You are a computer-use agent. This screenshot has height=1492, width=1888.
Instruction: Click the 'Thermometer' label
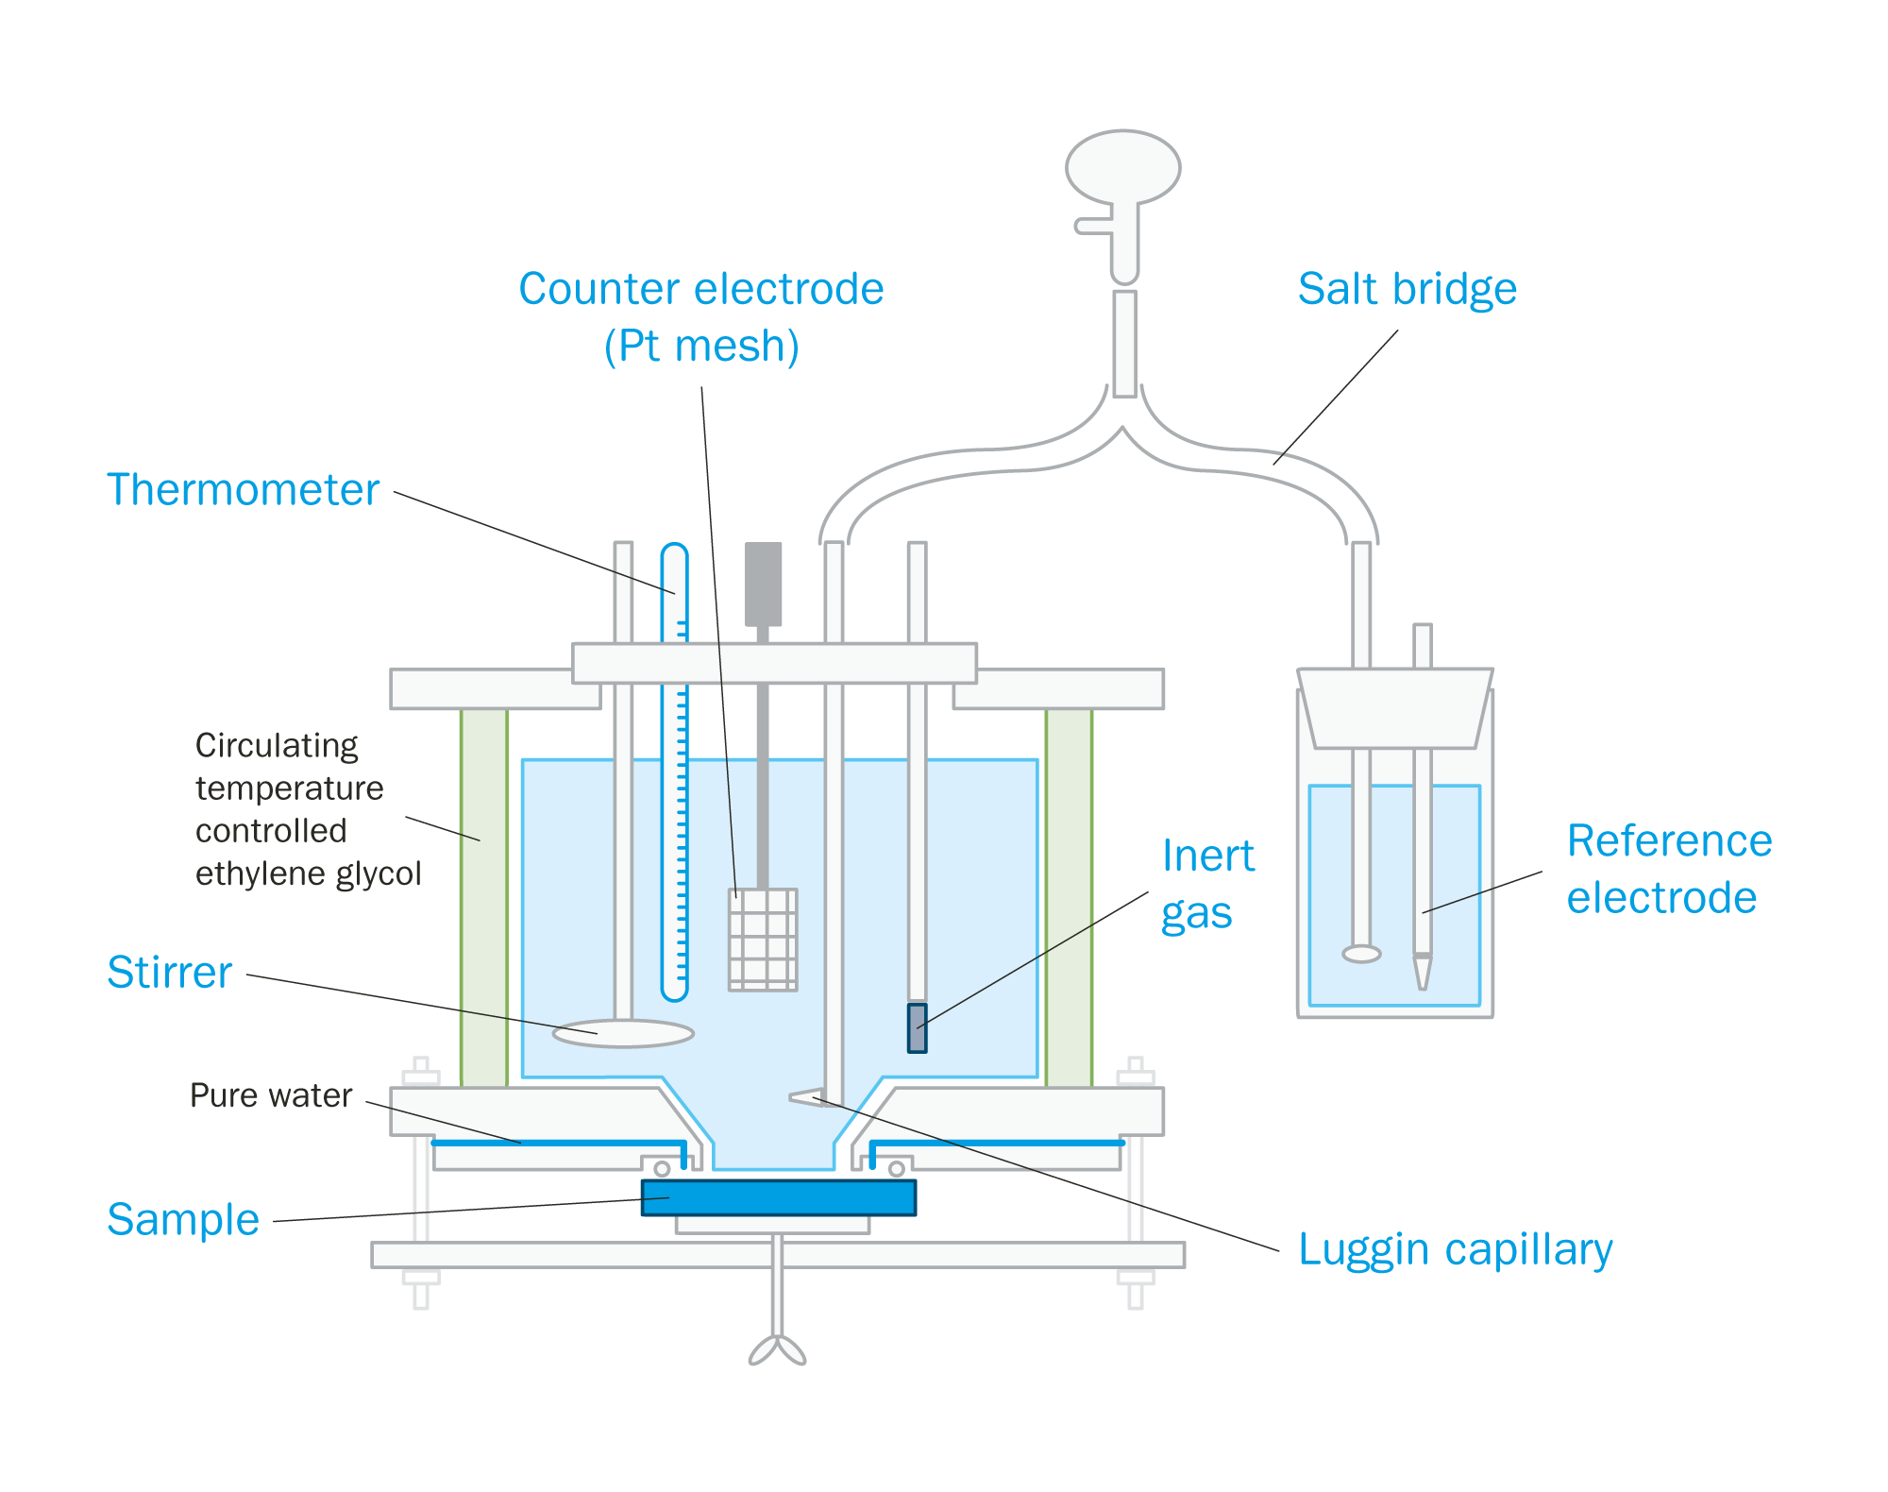pyautogui.click(x=243, y=490)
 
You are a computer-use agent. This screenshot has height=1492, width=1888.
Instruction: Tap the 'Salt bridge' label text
pyautogui.click(x=1407, y=290)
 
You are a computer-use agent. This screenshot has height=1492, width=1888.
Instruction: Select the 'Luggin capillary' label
pyautogui.click(x=1455, y=1250)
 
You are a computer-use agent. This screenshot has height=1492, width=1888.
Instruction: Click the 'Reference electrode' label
pyautogui.click(x=1668, y=869)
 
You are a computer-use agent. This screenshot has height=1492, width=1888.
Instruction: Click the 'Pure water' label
pyautogui.click(x=270, y=1095)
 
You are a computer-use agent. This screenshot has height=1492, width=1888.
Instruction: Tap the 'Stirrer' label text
pyautogui.click(x=169, y=973)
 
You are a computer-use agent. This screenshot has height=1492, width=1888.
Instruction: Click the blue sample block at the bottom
pyautogui.click(x=778, y=1197)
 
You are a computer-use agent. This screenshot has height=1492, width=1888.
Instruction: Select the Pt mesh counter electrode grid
pyautogui.click(x=763, y=940)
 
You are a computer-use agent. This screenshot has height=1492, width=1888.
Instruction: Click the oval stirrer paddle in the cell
pyautogui.click(x=623, y=1034)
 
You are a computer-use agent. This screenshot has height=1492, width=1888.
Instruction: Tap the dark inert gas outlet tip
pyautogui.click(x=917, y=1028)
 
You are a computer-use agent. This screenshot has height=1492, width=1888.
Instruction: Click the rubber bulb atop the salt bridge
pyautogui.click(x=1122, y=168)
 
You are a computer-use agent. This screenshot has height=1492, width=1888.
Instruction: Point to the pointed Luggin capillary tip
pyautogui.click(x=802, y=1096)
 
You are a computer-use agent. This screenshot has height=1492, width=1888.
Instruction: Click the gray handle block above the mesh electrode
pyautogui.click(x=763, y=583)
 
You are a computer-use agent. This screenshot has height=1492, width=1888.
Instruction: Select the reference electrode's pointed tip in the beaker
pyautogui.click(x=1422, y=973)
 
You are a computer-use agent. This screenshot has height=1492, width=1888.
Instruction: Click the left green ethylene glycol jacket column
pyautogui.click(x=483, y=897)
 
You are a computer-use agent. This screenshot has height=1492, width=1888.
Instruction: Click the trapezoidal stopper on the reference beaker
pyautogui.click(x=1394, y=708)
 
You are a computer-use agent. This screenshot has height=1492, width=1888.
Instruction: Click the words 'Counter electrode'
pyautogui.click(x=700, y=290)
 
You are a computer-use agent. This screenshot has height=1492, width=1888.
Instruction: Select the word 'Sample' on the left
pyautogui.click(x=182, y=1220)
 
